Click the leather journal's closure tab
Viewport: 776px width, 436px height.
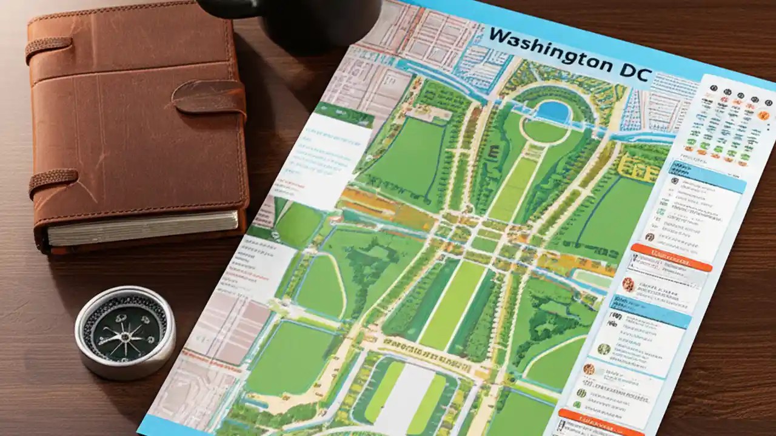click(x=209, y=97)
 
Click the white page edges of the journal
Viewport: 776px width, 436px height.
click(x=142, y=229)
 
